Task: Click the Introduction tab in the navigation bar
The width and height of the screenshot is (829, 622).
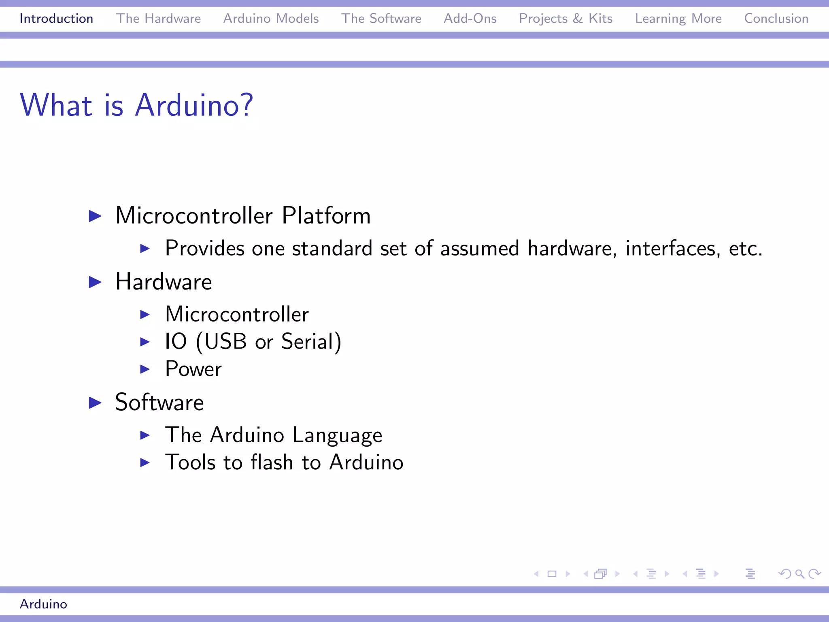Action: [56, 19]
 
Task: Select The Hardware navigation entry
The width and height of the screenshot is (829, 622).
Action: [158, 19]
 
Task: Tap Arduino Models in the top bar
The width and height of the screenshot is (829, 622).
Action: [271, 19]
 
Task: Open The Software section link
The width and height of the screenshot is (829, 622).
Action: [381, 19]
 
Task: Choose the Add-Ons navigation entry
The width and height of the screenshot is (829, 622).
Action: [470, 19]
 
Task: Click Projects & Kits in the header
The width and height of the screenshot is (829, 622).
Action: [565, 19]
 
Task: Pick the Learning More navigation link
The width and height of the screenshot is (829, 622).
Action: [678, 19]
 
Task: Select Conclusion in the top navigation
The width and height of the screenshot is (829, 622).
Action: [776, 19]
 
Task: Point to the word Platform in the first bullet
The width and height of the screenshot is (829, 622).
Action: [326, 215]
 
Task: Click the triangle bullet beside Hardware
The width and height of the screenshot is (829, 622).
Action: [95, 282]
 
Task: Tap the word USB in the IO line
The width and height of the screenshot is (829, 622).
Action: [225, 341]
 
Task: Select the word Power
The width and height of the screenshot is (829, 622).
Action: [193, 369]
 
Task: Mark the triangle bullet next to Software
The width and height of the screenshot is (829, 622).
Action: [95, 403]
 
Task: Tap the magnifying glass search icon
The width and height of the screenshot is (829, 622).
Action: [799, 574]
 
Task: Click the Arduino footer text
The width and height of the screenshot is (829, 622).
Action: [43, 604]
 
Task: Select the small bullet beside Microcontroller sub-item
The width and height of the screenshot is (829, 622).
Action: [145, 315]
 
